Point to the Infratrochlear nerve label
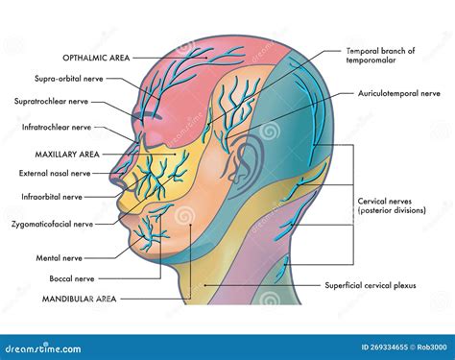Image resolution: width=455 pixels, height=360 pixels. click(57, 126)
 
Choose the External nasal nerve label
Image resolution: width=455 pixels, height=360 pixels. click(57, 174)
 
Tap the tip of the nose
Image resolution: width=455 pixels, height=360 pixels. click(111, 182)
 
